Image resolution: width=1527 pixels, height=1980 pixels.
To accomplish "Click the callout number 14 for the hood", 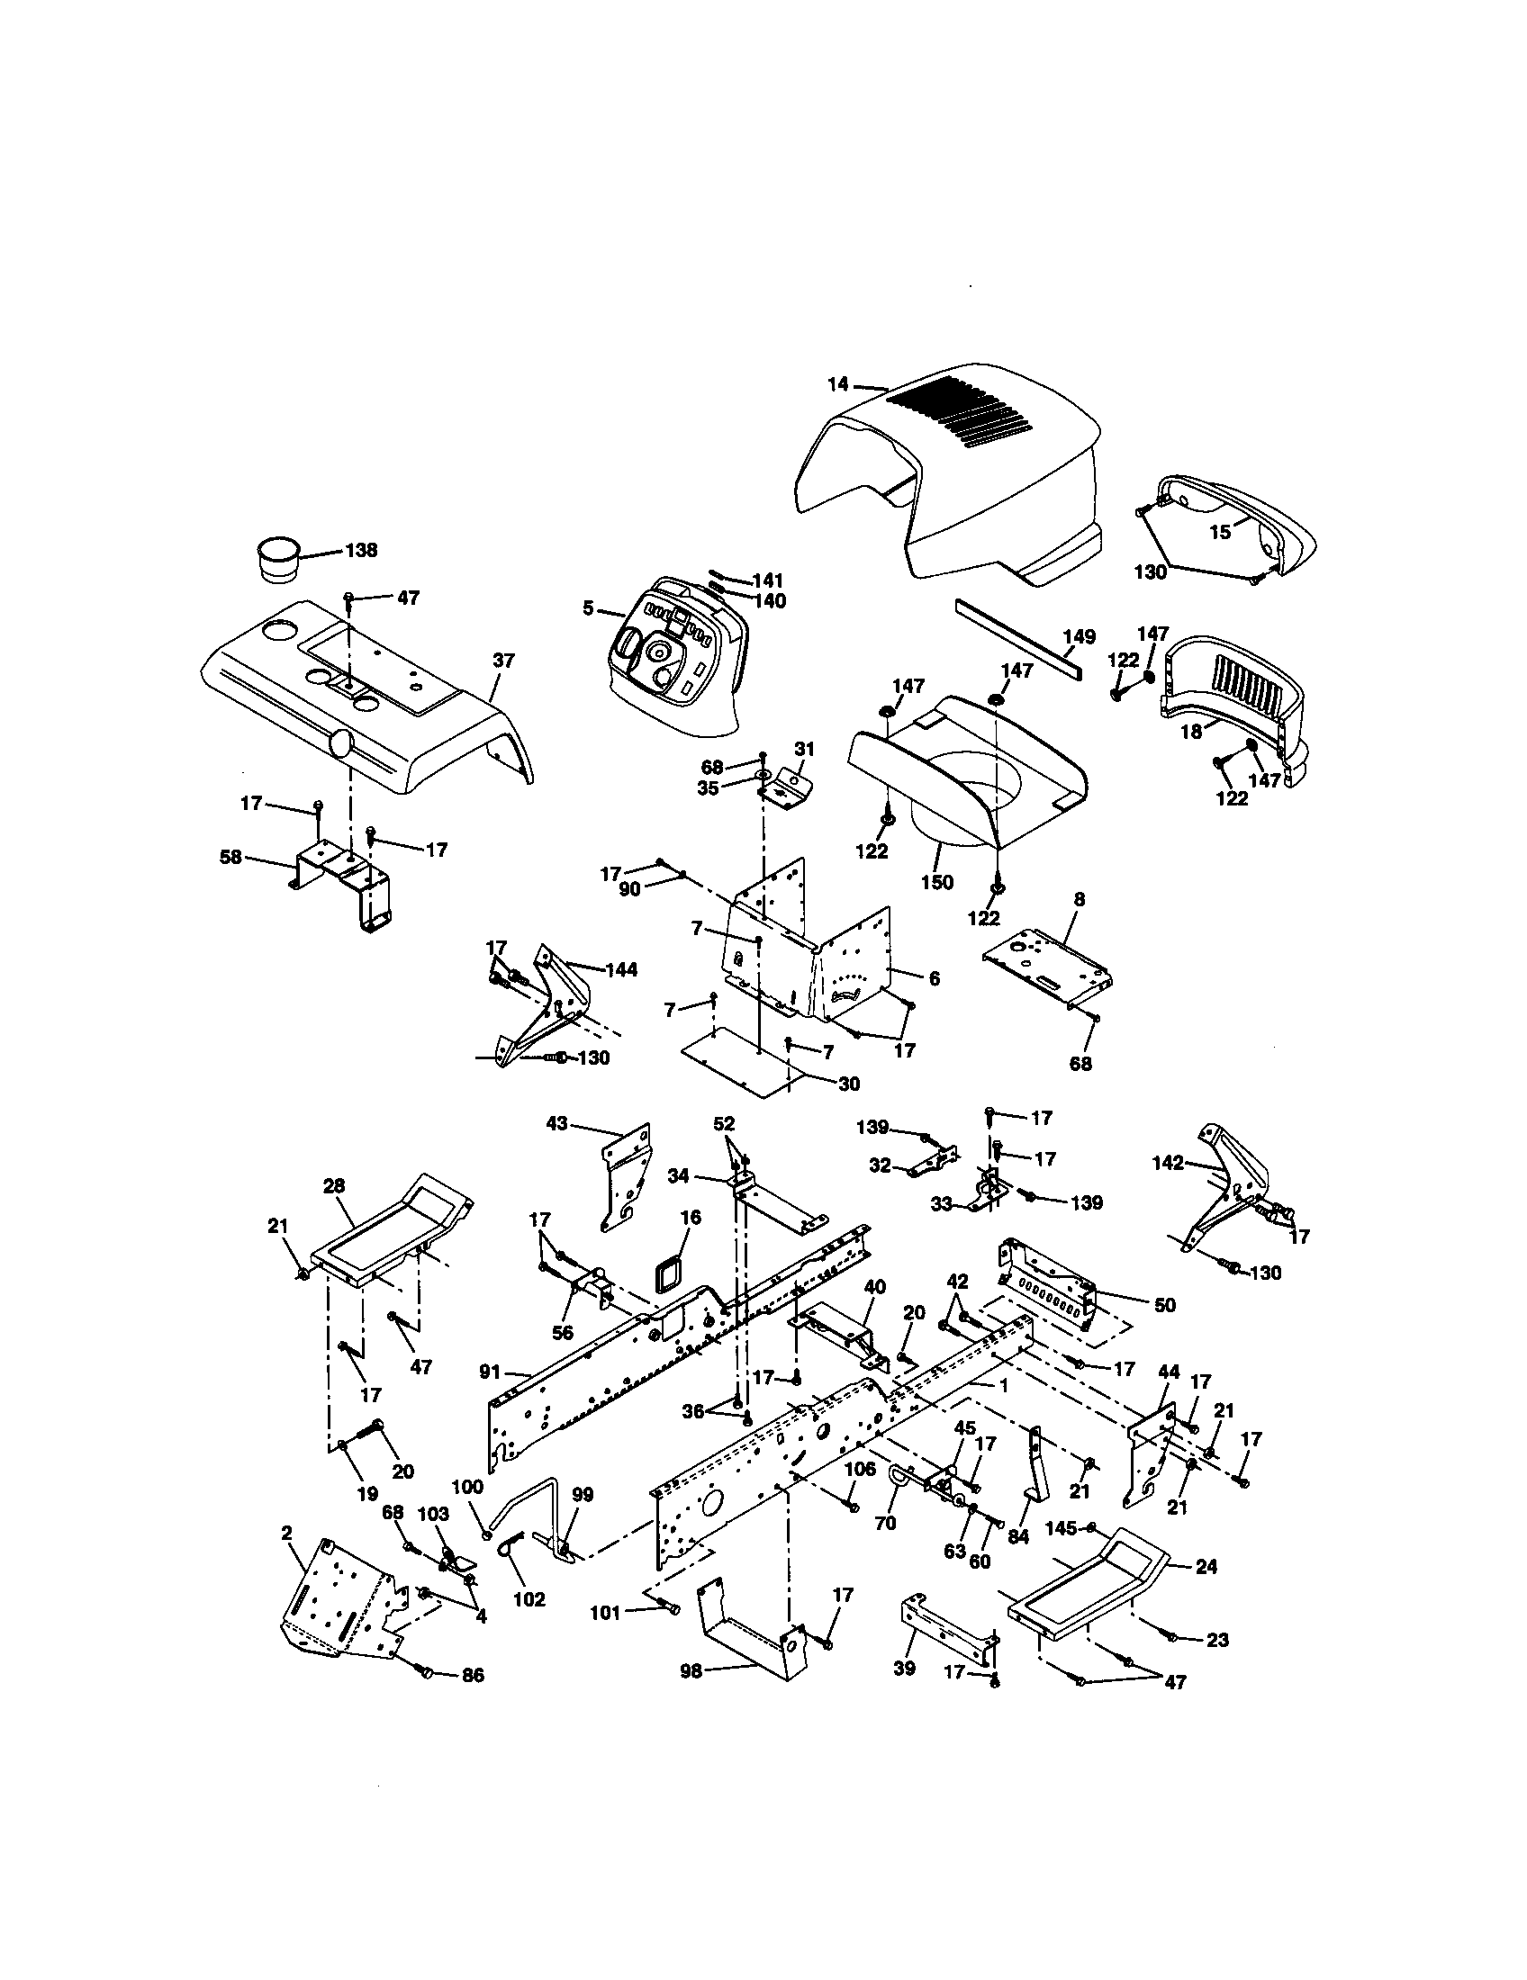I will (x=837, y=384).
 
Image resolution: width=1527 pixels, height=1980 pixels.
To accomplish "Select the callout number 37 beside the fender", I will (x=503, y=661).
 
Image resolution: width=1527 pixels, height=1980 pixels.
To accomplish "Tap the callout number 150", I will (x=936, y=881).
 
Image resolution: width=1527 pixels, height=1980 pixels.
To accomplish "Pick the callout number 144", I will (x=621, y=969).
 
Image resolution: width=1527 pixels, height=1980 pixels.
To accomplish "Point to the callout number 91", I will (x=490, y=1372).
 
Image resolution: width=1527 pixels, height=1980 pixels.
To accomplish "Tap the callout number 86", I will (x=473, y=1676).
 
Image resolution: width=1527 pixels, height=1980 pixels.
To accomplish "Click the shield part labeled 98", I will (x=748, y=1641).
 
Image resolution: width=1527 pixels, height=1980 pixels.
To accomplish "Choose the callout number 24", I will (x=1206, y=1566).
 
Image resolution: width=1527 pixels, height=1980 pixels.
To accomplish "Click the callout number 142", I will (x=1168, y=1163).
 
